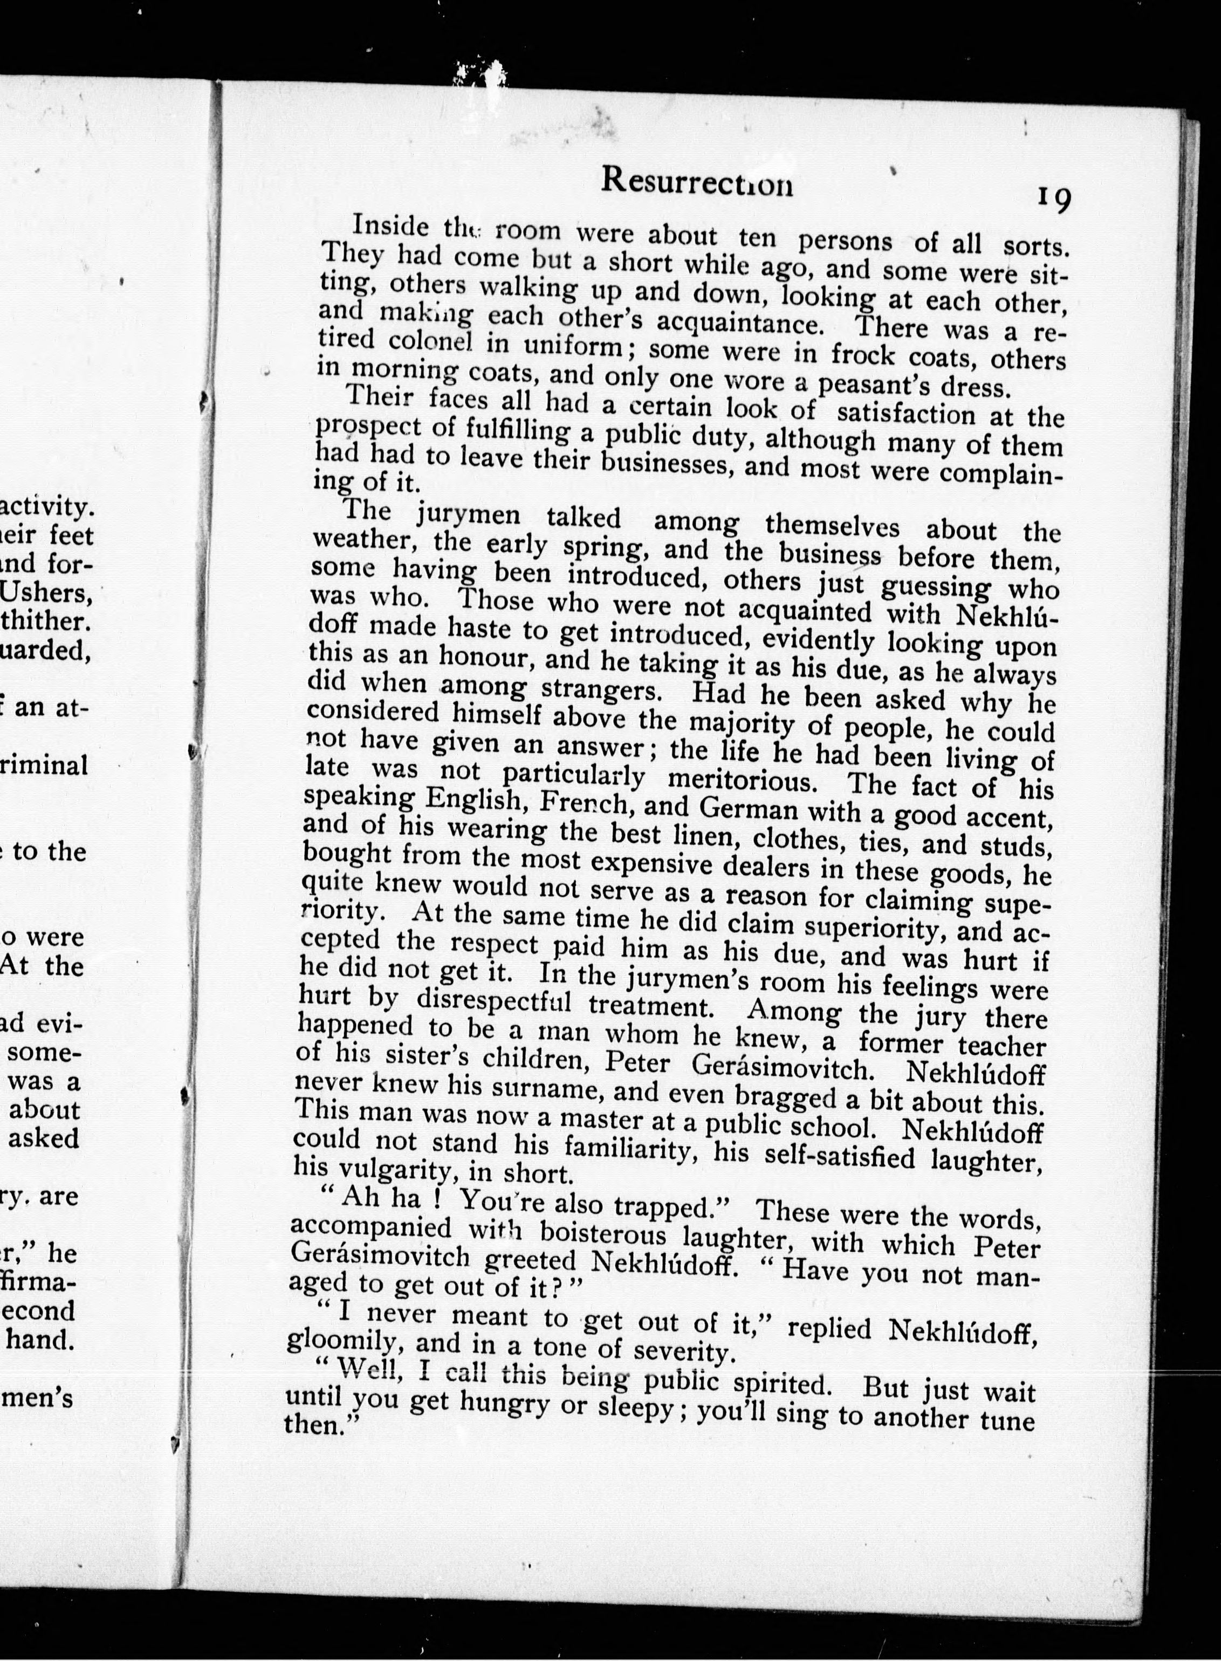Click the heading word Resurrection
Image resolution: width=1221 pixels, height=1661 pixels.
(697, 181)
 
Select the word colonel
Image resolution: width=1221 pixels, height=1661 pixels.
(430, 341)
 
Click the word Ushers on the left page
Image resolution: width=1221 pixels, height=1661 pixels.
(46, 593)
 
